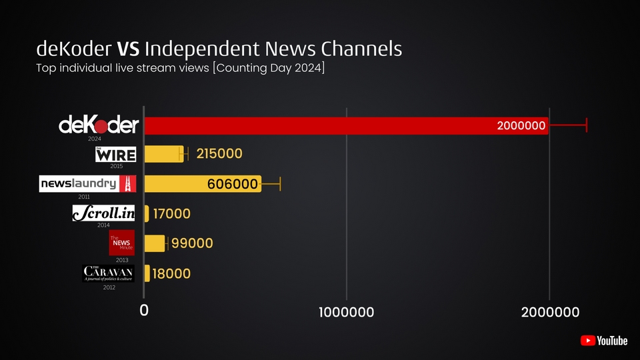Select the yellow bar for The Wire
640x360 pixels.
coord(163,154)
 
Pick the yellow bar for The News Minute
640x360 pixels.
coord(155,243)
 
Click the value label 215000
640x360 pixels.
coord(219,154)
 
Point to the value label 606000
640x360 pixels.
coord(233,185)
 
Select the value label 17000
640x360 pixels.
coord(172,214)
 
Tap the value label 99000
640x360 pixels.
coord(193,243)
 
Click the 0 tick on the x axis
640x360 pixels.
coord(144,311)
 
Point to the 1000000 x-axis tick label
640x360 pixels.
coord(346,312)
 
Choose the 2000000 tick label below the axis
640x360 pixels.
coord(549,312)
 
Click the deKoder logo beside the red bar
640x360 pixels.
coord(99,125)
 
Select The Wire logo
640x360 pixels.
coord(116,155)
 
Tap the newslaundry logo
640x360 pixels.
coord(88,184)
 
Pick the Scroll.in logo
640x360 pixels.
coord(104,213)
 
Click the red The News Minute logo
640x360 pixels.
coord(122,243)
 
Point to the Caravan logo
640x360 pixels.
coord(109,273)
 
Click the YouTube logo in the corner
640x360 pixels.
coord(604,341)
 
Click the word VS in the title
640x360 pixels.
coord(129,49)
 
